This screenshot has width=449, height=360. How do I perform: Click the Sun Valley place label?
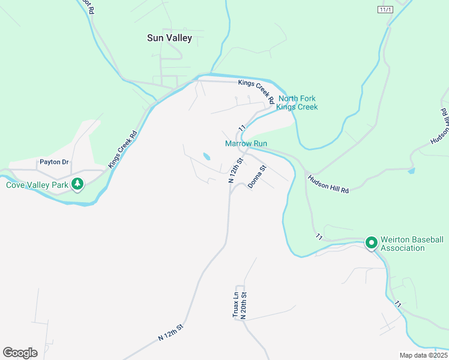point(169,38)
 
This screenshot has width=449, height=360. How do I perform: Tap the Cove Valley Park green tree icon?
point(77,184)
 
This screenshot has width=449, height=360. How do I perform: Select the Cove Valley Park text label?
point(37,185)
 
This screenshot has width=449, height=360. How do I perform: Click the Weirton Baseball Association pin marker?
point(371,243)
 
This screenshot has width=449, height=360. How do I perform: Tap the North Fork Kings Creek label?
point(298,103)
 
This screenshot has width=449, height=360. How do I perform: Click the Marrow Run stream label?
point(246,143)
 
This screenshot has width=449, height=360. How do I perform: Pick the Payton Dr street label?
point(54,162)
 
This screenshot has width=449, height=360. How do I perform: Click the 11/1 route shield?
point(385,10)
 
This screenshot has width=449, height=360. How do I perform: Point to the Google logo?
point(20,352)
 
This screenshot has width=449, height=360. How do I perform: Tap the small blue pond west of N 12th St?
point(206,157)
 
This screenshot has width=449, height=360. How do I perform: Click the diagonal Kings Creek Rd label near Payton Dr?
point(122,148)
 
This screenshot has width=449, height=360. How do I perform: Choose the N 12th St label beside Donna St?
point(234,170)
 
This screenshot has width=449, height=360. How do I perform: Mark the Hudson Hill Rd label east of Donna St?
point(328,184)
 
